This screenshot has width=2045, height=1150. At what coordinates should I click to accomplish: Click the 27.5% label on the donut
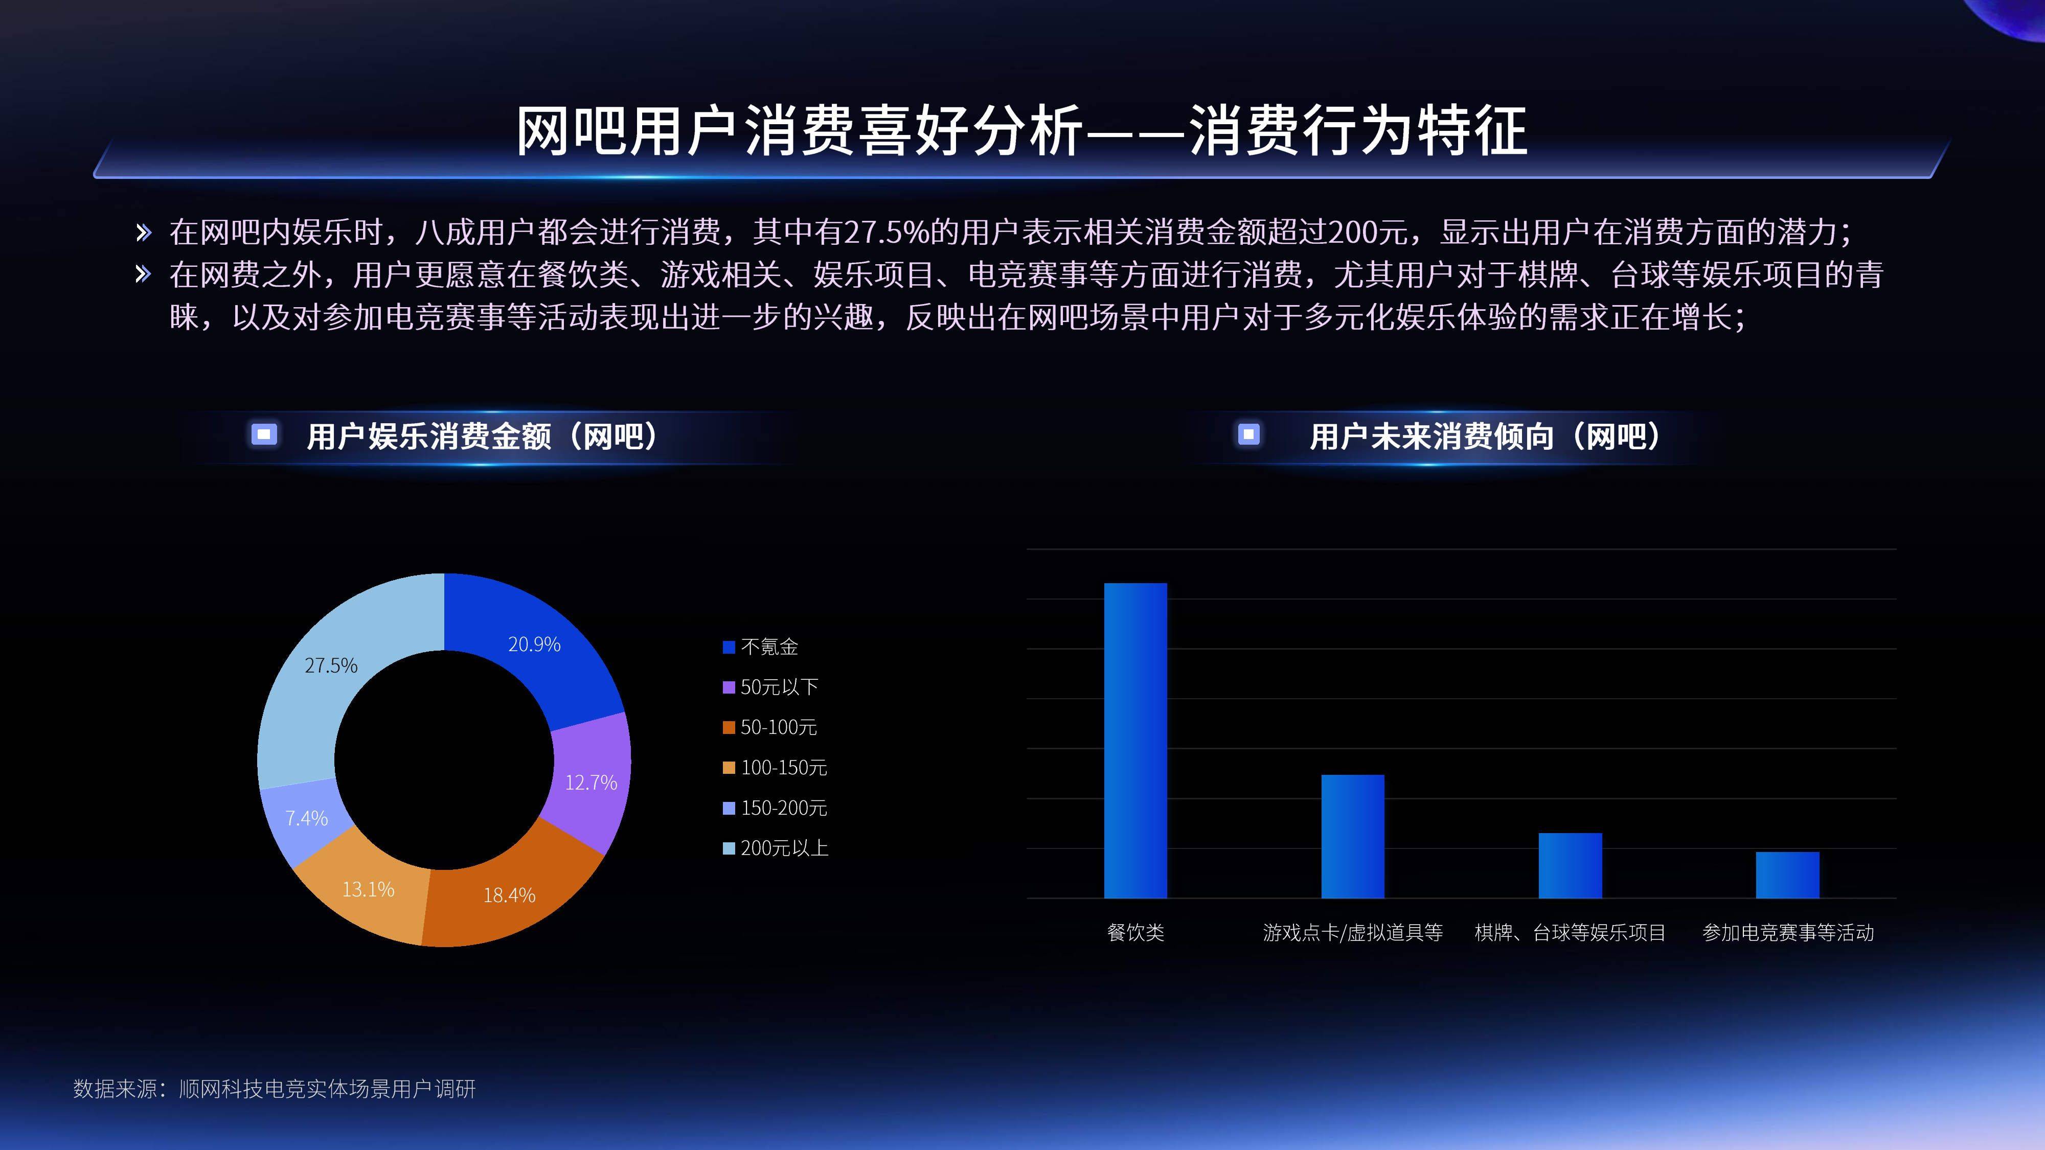(x=331, y=665)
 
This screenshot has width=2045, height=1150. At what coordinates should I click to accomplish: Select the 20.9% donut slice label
(x=534, y=643)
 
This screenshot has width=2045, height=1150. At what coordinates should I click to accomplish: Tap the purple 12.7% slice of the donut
(x=590, y=782)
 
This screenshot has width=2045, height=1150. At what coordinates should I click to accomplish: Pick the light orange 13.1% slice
(x=368, y=889)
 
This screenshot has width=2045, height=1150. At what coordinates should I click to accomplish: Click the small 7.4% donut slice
(x=306, y=817)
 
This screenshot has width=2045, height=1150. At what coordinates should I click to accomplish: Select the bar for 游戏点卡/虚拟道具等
(x=1353, y=836)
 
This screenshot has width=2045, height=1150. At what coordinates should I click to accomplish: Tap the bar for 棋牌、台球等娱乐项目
(x=1570, y=865)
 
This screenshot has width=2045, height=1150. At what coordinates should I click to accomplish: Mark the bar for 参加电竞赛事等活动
(x=1787, y=875)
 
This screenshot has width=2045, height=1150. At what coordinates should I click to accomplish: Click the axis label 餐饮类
(x=1135, y=933)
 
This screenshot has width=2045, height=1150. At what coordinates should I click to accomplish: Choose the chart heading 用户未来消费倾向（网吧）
(x=1485, y=435)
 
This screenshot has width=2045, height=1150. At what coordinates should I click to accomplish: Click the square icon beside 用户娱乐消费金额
(x=264, y=434)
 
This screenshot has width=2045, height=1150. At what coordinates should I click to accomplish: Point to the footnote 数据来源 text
(x=274, y=1088)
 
